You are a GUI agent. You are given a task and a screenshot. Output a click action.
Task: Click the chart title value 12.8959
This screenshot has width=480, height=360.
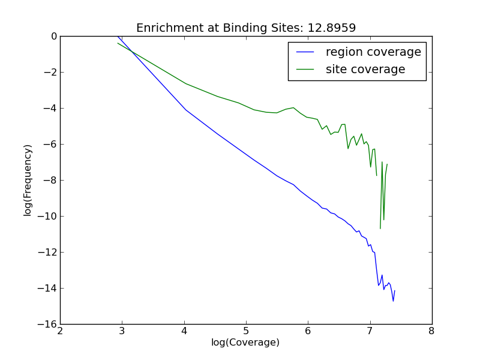334,28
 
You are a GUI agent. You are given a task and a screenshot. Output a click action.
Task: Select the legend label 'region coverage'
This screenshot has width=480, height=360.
373,52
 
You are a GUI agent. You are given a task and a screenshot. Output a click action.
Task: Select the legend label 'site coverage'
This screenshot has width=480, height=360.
365,70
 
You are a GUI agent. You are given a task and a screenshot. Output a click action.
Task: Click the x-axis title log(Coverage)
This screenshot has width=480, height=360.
245,343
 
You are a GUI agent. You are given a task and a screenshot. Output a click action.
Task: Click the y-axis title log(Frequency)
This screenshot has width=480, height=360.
28,180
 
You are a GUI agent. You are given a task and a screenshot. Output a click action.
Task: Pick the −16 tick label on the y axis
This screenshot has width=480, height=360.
49,325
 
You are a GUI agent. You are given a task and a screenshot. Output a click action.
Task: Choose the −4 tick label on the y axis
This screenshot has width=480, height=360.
51,109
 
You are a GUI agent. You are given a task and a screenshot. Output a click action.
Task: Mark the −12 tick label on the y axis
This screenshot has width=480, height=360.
49,253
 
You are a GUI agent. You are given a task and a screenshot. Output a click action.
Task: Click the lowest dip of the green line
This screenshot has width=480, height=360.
380,229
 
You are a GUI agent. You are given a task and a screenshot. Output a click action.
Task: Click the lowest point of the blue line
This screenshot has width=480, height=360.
393,301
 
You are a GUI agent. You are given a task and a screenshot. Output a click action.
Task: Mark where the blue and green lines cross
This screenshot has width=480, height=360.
132,52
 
